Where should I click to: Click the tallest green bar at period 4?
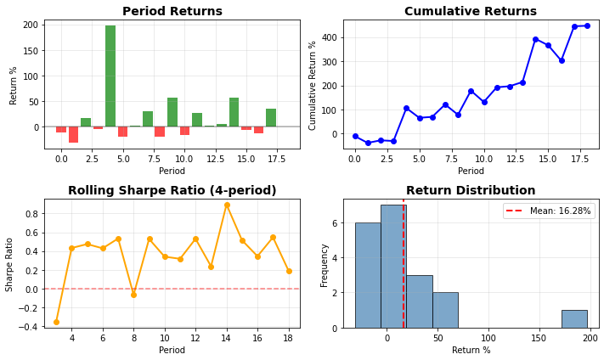pyautogui.click(x=110, y=76)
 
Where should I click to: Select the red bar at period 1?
pyautogui.click(x=74, y=134)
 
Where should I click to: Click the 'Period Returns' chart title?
pyautogui.click(x=172, y=12)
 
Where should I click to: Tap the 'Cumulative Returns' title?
pyautogui.click(x=471, y=12)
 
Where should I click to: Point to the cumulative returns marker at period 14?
pyautogui.click(x=535, y=39)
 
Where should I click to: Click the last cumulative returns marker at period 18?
pyautogui.click(x=587, y=25)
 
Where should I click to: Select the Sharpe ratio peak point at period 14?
pyautogui.click(x=227, y=205)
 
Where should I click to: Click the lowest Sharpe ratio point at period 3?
pyautogui.click(x=57, y=322)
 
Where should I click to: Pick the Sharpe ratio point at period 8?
pyautogui.click(x=133, y=294)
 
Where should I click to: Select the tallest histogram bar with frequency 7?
pyautogui.click(x=393, y=266)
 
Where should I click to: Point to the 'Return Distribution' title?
pyautogui.click(x=471, y=191)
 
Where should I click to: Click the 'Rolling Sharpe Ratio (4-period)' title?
pyautogui.click(x=172, y=191)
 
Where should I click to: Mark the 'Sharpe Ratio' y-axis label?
pyautogui.click(x=10, y=264)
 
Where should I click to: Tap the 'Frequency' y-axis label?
pyautogui.click(x=325, y=264)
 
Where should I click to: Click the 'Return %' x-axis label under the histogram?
pyautogui.click(x=471, y=350)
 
